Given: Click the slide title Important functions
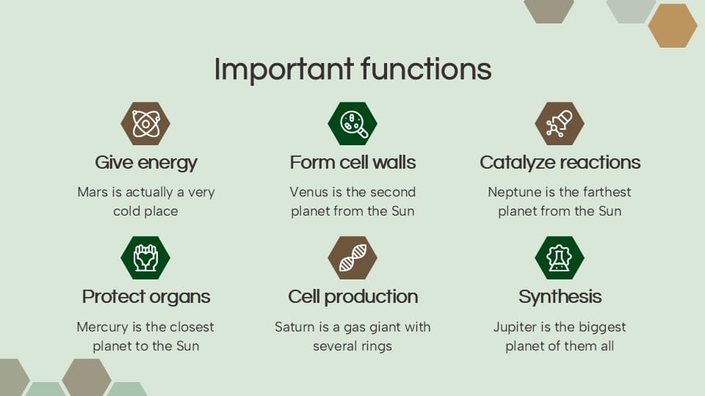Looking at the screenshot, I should click(x=352, y=69).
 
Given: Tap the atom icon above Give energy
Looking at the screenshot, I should click(x=145, y=123).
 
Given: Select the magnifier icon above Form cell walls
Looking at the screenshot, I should click(x=352, y=123).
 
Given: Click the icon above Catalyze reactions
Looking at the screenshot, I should click(x=560, y=123).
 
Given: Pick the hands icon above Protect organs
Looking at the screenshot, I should click(x=145, y=257).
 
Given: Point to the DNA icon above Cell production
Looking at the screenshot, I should click(x=352, y=257).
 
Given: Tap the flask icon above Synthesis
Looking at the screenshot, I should click(x=560, y=257).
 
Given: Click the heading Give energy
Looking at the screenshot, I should click(x=146, y=162).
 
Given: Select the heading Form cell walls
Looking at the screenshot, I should click(x=352, y=162).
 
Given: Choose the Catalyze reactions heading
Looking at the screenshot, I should click(x=560, y=162).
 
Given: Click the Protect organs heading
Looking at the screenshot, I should click(x=146, y=296).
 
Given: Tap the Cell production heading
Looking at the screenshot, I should click(x=352, y=296).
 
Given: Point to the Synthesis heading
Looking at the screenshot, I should click(x=560, y=296).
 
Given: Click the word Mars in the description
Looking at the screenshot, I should click(x=93, y=192).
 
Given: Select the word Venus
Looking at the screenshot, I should click(x=308, y=192).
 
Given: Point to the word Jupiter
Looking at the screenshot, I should click(x=517, y=327).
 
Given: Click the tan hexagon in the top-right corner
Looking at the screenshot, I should click(x=672, y=26).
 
